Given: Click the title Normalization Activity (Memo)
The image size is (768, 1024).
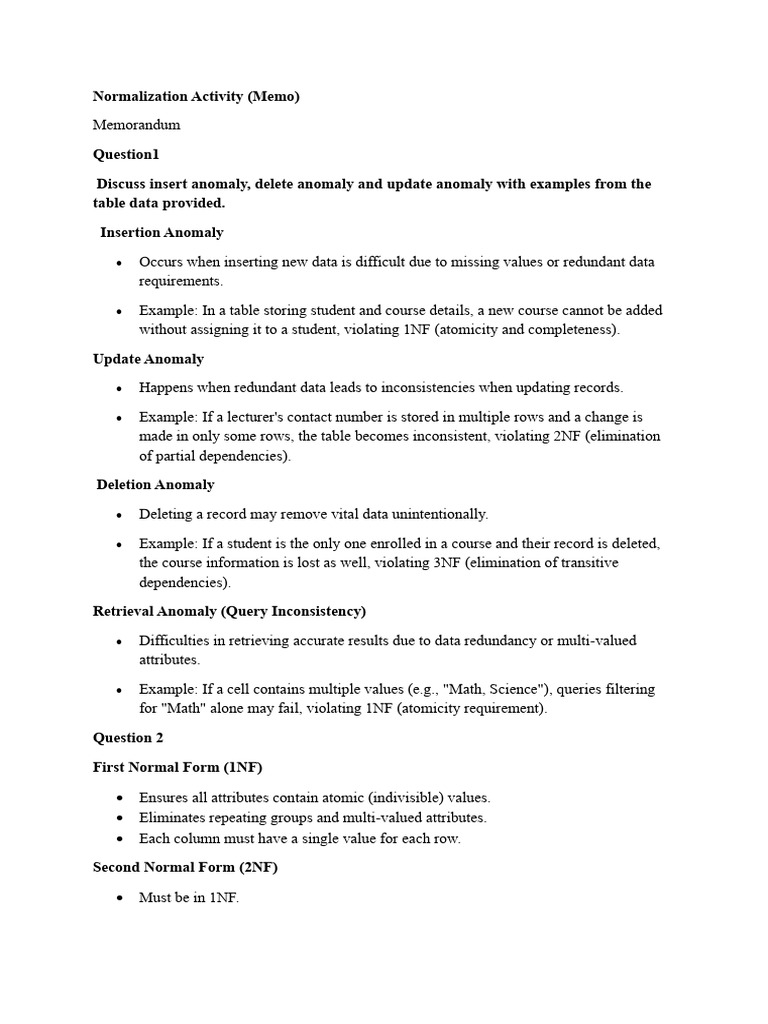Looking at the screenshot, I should pyautogui.click(x=196, y=97).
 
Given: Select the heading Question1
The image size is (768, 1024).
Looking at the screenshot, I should pyautogui.click(x=126, y=155).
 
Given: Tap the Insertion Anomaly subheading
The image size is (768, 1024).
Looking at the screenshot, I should pyautogui.click(x=161, y=233).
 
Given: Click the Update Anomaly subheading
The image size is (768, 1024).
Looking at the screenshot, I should pyautogui.click(x=148, y=359).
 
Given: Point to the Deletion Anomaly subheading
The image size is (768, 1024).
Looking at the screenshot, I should pyautogui.click(x=155, y=485).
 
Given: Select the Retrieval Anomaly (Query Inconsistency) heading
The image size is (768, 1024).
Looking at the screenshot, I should pyautogui.click(x=229, y=611).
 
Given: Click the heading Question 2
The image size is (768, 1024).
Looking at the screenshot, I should pyautogui.click(x=128, y=738).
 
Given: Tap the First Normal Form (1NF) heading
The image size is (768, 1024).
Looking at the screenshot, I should pyautogui.click(x=178, y=767).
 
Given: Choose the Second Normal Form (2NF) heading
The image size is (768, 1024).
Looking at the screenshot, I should pyautogui.click(x=185, y=868).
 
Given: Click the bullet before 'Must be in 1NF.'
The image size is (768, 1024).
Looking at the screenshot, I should pyautogui.click(x=119, y=898).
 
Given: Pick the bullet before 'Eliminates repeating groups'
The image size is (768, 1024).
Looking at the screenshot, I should pyautogui.click(x=119, y=818).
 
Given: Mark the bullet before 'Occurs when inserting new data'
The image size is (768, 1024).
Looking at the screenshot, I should pyautogui.click(x=119, y=263).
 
